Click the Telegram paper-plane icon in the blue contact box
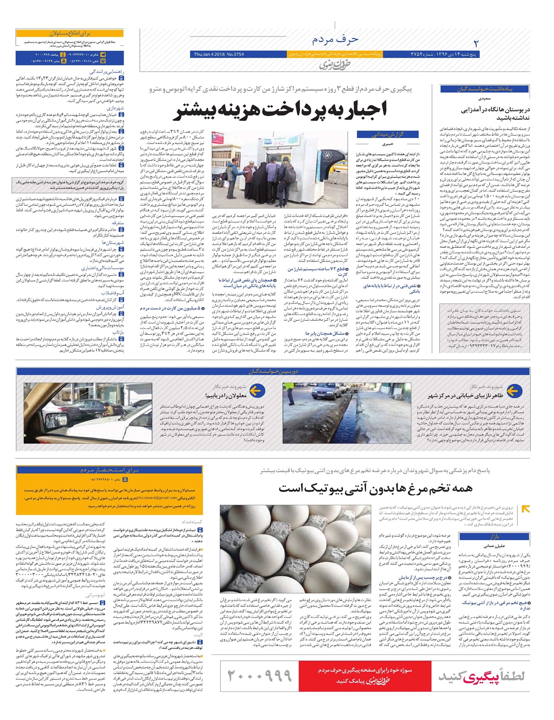pyautogui.click(x=103, y=54)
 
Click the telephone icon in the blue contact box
pyautogui.click(x=103, y=60)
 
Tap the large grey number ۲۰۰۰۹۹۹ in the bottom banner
pyautogui.click(x=260, y=676)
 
